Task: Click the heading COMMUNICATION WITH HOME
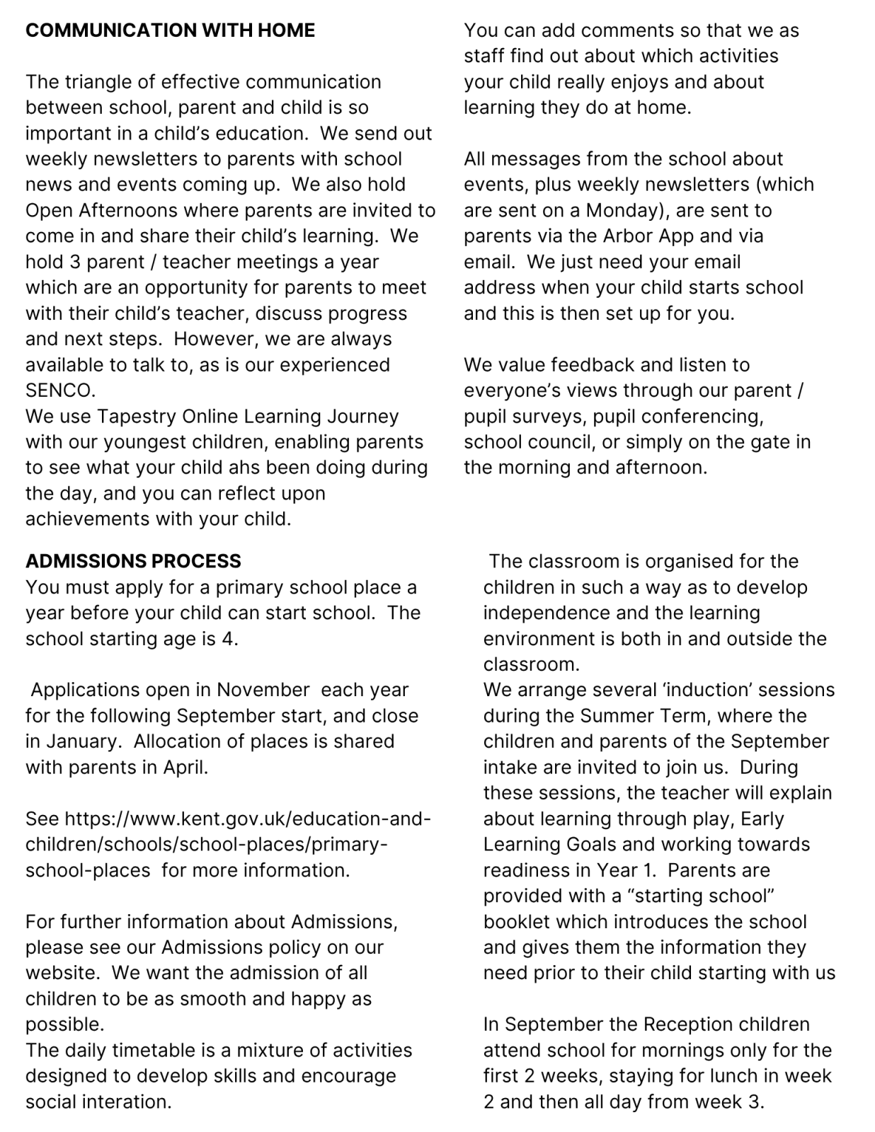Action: pyautogui.click(x=170, y=30)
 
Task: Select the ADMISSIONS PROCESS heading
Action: pyautogui.click(x=133, y=561)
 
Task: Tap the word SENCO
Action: pyautogui.click(x=59, y=391)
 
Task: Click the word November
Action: pyautogui.click(x=263, y=690)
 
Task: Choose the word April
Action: pyautogui.click(x=185, y=768)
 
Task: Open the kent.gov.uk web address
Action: pyautogui.click(x=228, y=845)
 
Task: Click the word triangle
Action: pyautogui.click(x=100, y=82)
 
